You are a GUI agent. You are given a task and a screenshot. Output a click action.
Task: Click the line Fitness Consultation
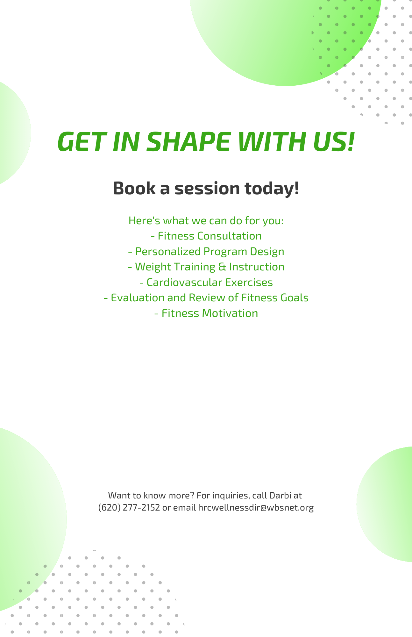click(206, 236)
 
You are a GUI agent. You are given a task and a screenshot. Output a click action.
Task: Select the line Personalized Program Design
click(206, 252)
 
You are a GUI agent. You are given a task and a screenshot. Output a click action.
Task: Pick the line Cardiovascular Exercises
click(206, 283)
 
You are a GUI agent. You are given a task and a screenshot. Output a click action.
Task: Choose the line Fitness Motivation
click(206, 313)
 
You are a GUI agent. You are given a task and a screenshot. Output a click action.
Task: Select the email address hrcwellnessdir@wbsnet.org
click(256, 508)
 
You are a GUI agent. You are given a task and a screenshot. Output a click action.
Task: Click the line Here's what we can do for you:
click(206, 221)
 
